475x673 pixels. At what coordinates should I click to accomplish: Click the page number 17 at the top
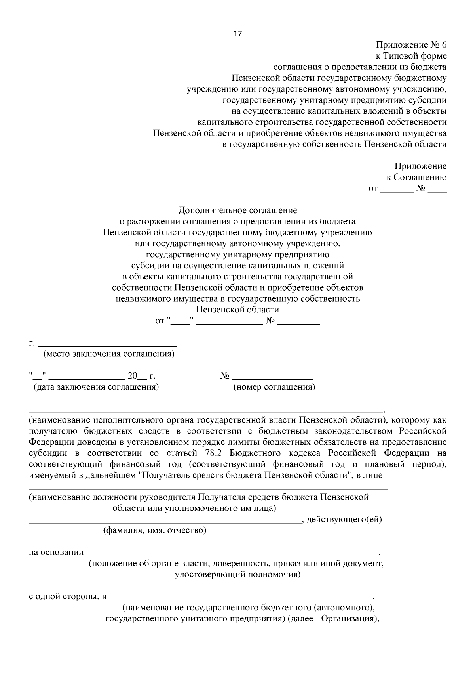237,34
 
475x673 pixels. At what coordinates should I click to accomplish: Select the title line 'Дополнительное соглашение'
237,210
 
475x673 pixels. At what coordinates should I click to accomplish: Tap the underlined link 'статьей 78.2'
194,453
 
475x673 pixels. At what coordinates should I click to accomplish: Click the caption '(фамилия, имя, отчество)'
155,530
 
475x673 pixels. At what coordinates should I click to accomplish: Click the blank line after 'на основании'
232,552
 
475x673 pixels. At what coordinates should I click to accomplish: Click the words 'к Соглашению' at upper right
416,178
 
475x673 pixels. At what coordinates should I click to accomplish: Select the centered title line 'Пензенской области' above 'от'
237,310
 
